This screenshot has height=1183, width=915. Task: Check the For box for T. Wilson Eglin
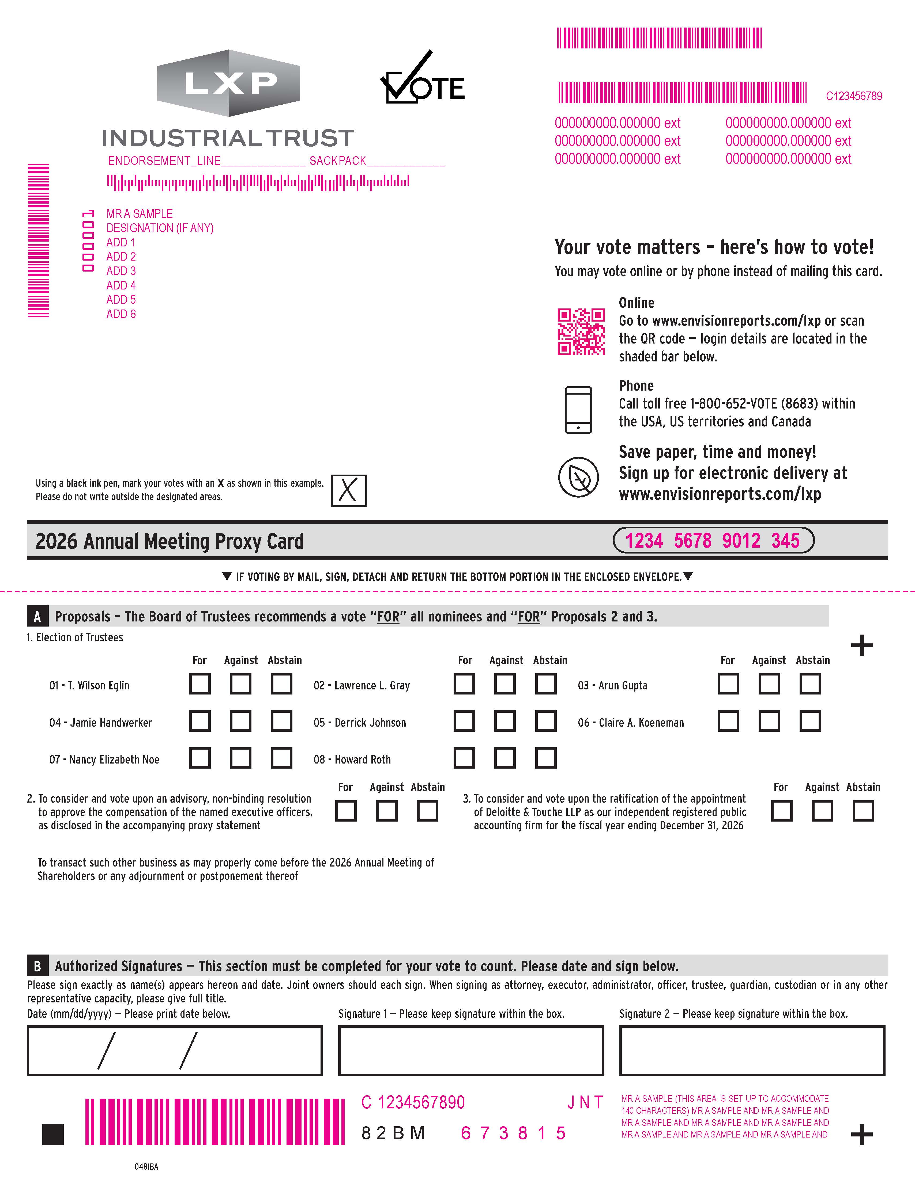tap(199, 684)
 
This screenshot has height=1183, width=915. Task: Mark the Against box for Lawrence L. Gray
tap(505, 684)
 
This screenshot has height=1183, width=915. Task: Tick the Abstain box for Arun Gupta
tap(810, 684)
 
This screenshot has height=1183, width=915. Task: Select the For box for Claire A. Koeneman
tap(728, 721)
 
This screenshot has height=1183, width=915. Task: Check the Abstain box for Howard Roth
tap(545, 758)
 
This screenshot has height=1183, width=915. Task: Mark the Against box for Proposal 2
tap(386, 811)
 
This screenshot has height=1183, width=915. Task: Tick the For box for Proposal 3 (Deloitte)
tap(781, 811)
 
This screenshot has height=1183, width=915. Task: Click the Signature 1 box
tap(470, 1050)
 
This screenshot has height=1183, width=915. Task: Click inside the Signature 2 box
tap(752, 1050)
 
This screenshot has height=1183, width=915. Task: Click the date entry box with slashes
tap(175, 1050)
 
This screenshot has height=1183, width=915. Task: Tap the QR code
tap(581, 331)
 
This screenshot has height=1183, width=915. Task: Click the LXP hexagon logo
tap(228, 83)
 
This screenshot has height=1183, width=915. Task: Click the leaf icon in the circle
tap(578, 477)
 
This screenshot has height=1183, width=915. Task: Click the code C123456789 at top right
tap(854, 96)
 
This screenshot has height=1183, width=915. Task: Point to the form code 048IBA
tap(146, 1166)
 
